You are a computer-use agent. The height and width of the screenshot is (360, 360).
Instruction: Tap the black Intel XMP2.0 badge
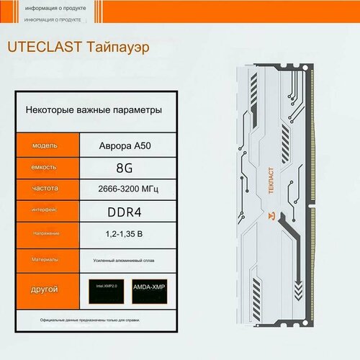[x=104, y=287]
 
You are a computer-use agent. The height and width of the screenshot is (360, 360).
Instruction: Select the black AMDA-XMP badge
[x=153, y=287]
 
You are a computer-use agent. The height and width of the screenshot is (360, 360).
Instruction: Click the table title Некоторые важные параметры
[x=94, y=110]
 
